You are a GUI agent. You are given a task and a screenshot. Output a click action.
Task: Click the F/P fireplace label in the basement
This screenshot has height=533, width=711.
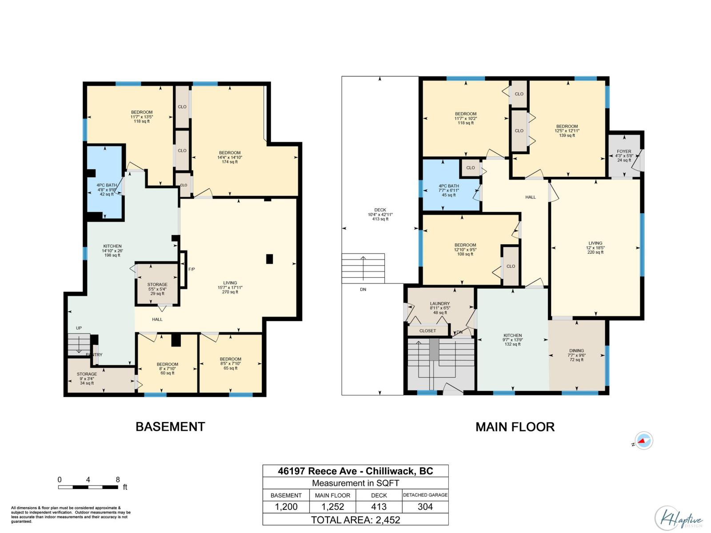[192, 270]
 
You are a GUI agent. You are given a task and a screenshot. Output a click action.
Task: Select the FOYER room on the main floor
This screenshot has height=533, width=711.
[624, 155]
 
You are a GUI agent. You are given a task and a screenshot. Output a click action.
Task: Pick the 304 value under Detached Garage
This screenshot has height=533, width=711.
[425, 507]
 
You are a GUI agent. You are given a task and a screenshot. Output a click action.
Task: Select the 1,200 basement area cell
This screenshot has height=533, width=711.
[286, 507]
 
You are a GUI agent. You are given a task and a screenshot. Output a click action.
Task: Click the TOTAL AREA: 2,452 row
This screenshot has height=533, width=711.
[355, 520]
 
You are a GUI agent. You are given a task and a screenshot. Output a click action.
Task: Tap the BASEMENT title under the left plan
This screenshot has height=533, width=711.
[170, 427]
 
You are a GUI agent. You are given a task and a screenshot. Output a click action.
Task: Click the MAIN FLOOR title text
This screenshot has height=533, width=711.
[515, 427]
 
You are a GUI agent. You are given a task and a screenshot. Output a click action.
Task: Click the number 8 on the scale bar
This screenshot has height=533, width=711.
[118, 480]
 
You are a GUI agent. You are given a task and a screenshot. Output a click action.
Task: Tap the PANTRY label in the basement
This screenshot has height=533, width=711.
[94, 355]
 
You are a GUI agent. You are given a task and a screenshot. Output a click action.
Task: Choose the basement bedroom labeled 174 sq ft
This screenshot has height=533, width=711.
[229, 157]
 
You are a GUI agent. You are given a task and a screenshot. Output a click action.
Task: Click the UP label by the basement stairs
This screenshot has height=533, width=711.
[79, 328]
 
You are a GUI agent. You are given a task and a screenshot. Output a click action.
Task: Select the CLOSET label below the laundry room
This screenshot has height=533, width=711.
[427, 331]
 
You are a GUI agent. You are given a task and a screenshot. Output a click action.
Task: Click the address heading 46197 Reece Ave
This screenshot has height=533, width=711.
[355, 471]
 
